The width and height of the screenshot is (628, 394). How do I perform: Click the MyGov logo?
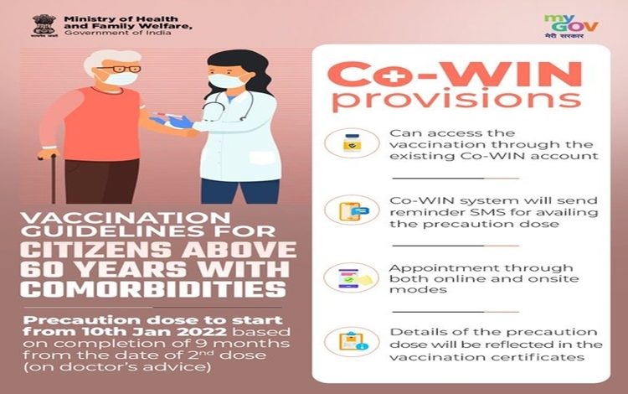(571, 27)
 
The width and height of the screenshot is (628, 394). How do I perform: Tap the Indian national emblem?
(44, 26)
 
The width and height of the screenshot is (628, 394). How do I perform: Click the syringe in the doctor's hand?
(165, 117)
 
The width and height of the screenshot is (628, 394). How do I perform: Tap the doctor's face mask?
(225, 80)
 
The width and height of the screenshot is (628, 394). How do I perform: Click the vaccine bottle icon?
(352, 143)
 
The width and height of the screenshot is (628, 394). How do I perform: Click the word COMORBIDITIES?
(153, 289)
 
